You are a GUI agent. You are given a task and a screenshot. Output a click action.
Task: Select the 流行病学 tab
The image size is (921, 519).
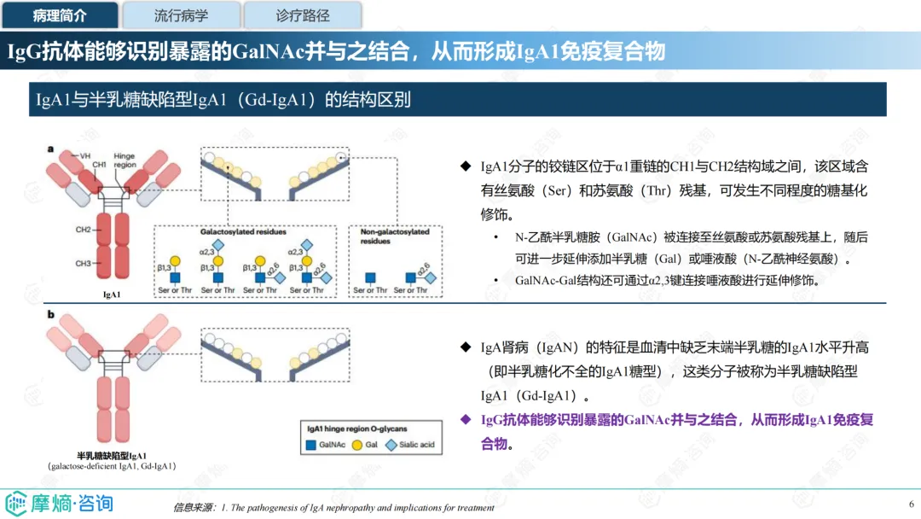click(x=181, y=15)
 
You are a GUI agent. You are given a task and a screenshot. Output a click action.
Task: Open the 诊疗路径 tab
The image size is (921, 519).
click(x=303, y=15)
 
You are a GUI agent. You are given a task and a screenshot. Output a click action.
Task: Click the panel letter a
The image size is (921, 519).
click(x=50, y=149)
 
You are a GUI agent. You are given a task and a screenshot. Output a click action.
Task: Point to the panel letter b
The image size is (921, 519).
click(x=50, y=315)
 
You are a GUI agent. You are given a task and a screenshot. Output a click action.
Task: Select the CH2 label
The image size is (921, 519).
click(x=84, y=230)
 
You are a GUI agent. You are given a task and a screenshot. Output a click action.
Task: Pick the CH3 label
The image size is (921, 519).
click(x=84, y=264)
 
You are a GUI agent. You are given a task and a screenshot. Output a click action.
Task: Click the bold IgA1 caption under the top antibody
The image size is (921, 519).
click(x=111, y=294)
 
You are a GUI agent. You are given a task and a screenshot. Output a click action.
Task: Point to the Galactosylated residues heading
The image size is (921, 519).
click(x=243, y=232)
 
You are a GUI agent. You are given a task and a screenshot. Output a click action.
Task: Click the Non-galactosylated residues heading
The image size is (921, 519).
click(x=395, y=236)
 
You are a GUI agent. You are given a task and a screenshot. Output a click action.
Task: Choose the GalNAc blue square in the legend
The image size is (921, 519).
click(x=312, y=445)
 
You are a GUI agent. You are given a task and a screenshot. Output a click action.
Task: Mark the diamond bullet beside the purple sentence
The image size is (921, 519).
click(x=465, y=419)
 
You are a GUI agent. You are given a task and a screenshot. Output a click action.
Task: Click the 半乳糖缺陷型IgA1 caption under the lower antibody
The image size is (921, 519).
click(x=112, y=455)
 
